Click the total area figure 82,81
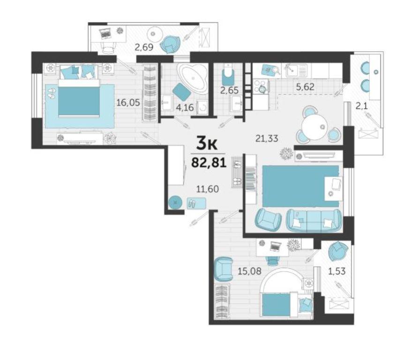coord(209,162)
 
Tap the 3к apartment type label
coord(207,144)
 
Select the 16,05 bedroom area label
coord(128,103)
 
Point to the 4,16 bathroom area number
coord(185,108)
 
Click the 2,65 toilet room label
coord(230,90)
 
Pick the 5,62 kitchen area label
coord(305,87)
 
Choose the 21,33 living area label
coord(267,138)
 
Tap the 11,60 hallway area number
coord(208,189)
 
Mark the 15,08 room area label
coord(249,271)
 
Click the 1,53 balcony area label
coord(337,271)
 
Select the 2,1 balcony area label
coord(361,106)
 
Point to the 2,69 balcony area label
coord(144,47)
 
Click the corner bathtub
coord(193,77)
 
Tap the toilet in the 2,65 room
coord(228,74)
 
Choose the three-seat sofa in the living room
coord(314,220)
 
